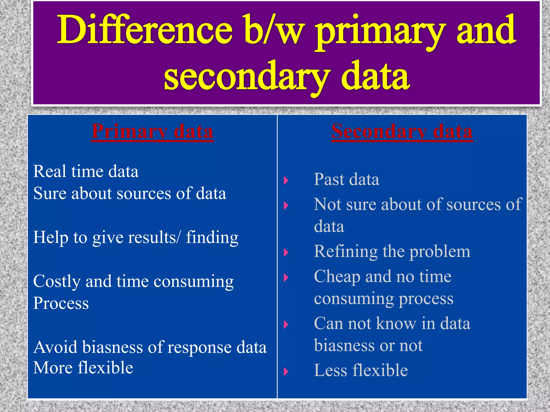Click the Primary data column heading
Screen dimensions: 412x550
[152, 132]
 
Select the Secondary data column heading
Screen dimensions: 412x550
[402, 132]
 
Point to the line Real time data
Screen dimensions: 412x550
[86, 172]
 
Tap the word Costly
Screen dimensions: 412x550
[57, 282]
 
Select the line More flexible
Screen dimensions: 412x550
[83, 368]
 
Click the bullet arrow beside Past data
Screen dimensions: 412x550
[286, 181]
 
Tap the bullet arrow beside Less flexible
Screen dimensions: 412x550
[286, 371]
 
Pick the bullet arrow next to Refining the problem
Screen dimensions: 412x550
[286, 252]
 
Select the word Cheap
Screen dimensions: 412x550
[337, 277]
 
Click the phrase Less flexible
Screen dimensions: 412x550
[361, 370]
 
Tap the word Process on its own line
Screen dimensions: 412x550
[61, 303]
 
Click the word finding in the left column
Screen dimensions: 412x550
[212, 237]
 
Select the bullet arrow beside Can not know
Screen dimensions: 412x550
[286, 325]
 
